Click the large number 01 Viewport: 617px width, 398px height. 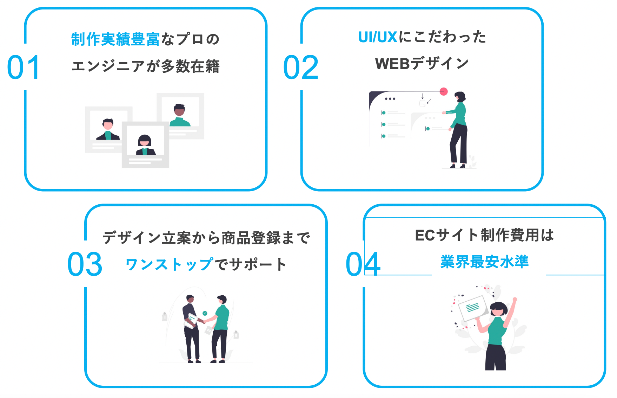[23, 67]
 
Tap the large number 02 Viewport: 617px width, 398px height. [301, 67]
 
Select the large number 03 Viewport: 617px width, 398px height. [85, 264]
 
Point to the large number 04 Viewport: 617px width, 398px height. [363, 264]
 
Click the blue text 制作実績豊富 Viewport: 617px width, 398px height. [115, 39]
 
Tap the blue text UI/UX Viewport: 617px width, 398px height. [378, 37]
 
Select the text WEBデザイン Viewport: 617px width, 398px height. [422, 64]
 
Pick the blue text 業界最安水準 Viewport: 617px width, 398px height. [484, 262]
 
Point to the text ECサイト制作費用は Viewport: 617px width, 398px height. [484, 235]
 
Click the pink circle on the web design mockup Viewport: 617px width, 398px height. [444, 91]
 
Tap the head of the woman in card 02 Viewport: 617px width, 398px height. [460, 97]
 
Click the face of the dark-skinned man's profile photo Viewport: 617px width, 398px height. [179, 110]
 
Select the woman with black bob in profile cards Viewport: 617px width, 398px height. [145, 145]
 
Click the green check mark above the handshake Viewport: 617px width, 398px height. [205, 313]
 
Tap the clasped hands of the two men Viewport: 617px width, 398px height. [204, 321]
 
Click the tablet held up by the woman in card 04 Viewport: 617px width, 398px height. [473, 308]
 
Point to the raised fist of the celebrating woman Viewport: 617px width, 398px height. [515, 300]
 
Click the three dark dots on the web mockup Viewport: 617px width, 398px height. [390, 99]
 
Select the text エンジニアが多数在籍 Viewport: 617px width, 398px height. [145, 66]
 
